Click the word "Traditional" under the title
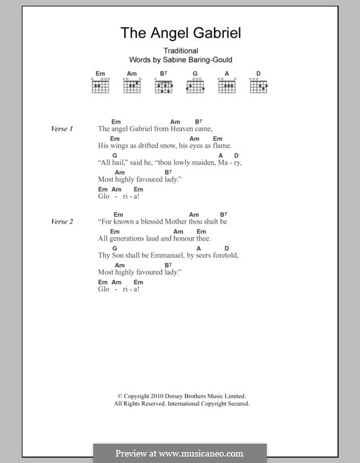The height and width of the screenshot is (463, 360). click(x=180, y=51)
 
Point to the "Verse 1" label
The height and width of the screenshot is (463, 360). click(x=62, y=129)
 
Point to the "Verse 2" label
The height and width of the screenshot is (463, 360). click(x=62, y=221)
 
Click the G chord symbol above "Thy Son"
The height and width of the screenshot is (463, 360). click(x=114, y=248)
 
